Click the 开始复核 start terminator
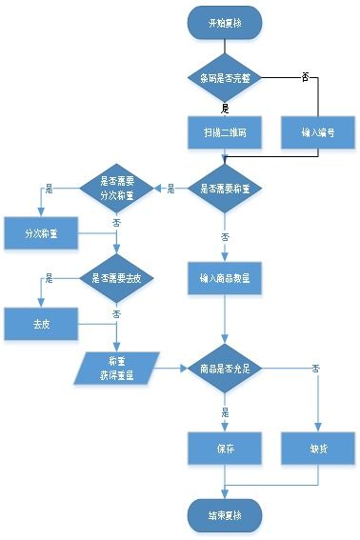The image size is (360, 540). click(x=225, y=23)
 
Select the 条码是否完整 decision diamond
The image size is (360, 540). click(x=225, y=77)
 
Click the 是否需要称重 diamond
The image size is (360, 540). click(x=225, y=189)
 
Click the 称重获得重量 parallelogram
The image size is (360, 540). click(x=118, y=368)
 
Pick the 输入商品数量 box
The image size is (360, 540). click(x=225, y=278)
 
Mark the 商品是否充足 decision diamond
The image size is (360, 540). click(x=225, y=368)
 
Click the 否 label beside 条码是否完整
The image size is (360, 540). click(x=305, y=74)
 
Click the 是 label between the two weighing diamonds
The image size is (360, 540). click(x=170, y=189)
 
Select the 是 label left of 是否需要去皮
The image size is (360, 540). click(x=50, y=278)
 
